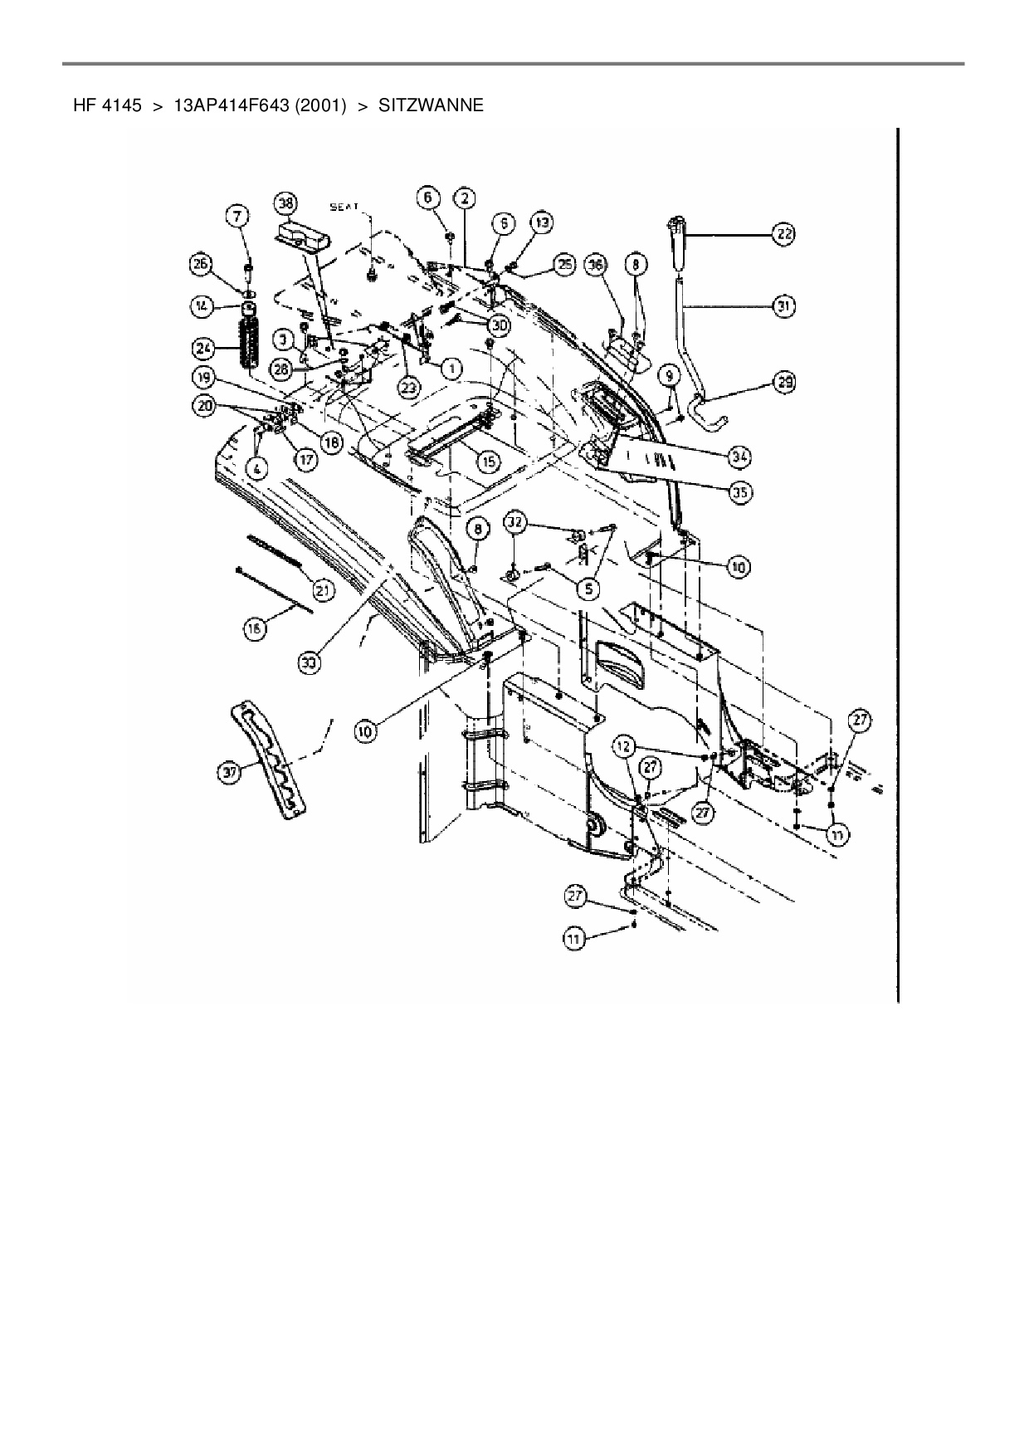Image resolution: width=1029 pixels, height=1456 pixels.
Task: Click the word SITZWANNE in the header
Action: tap(431, 106)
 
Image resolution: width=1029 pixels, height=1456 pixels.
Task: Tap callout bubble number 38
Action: tap(285, 202)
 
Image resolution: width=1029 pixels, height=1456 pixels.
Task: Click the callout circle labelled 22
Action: tap(783, 235)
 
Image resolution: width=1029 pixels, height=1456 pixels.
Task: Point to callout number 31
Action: tap(783, 306)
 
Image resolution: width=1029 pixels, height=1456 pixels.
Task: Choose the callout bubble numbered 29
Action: tap(783, 382)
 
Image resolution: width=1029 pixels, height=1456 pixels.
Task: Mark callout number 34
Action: tap(739, 456)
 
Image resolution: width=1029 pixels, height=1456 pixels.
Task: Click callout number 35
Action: tap(739, 492)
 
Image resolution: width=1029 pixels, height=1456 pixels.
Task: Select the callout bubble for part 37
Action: tap(229, 772)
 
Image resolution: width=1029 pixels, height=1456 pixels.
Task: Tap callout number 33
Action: tap(310, 662)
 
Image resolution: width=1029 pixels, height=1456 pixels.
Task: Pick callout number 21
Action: tap(322, 590)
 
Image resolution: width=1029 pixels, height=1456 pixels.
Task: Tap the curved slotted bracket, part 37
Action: tap(266, 760)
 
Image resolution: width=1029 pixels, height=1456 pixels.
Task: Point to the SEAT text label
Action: tap(344, 208)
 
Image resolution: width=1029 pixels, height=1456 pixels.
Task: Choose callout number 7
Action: tap(238, 217)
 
